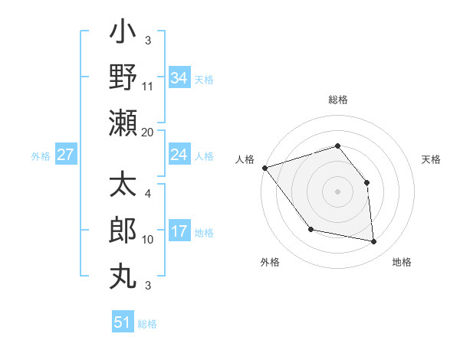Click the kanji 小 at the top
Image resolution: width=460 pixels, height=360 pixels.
click(x=123, y=34)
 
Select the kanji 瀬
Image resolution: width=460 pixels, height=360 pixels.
click(x=123, y=123)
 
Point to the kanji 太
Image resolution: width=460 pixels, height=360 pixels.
click(x=123, y=186)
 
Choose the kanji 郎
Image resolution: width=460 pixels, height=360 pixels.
click(x=123, y=231)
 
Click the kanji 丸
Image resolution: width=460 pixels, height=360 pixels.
click(x=123, y=274)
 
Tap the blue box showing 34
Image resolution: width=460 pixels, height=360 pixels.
click(x=179, y=78)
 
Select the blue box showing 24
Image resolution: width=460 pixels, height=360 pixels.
click(x=179, y=155)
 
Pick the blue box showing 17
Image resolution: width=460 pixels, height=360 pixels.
click(x=179, y=231)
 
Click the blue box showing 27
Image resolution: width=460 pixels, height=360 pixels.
click(x=66, y=155)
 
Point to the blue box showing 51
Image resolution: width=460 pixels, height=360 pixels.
click(x=123, y=322)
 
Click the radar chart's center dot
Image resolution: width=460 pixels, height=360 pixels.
click(x=337, y=191)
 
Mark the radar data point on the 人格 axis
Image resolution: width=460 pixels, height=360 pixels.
click(x=264, y=168)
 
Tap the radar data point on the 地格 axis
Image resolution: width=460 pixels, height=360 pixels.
click(x=374, y=242)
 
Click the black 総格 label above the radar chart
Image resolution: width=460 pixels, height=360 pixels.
click(x=337, y=100)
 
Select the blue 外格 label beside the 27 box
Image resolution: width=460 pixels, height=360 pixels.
click(x=41, y=155)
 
